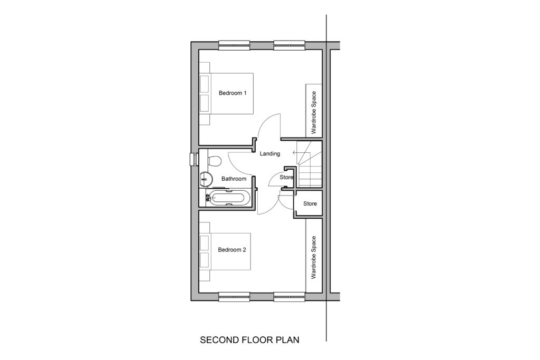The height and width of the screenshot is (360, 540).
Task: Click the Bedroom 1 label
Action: point(233,93)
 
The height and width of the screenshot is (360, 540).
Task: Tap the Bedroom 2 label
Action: point(232,250)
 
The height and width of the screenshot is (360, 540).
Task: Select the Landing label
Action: point(269,154)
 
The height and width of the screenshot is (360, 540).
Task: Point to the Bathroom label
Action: point(234,179)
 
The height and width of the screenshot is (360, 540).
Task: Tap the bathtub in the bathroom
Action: point(227,198)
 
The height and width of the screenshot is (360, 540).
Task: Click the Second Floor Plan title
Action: point(249,340)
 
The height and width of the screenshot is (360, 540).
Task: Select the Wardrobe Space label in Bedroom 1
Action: point(313,112)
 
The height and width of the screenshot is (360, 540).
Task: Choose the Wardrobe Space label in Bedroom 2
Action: point(313,257)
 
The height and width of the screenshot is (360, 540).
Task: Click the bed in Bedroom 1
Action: point(227,93)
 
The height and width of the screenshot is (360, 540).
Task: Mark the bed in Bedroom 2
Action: point(225,251)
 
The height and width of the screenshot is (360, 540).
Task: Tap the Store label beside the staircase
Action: point(286,178)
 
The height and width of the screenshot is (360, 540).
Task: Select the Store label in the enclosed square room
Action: point(310,204)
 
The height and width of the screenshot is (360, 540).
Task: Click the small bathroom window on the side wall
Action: point(195,159)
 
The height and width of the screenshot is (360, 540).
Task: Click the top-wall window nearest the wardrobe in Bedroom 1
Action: point(290,45)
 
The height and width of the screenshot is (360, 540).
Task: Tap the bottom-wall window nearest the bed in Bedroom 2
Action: point(234,297)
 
